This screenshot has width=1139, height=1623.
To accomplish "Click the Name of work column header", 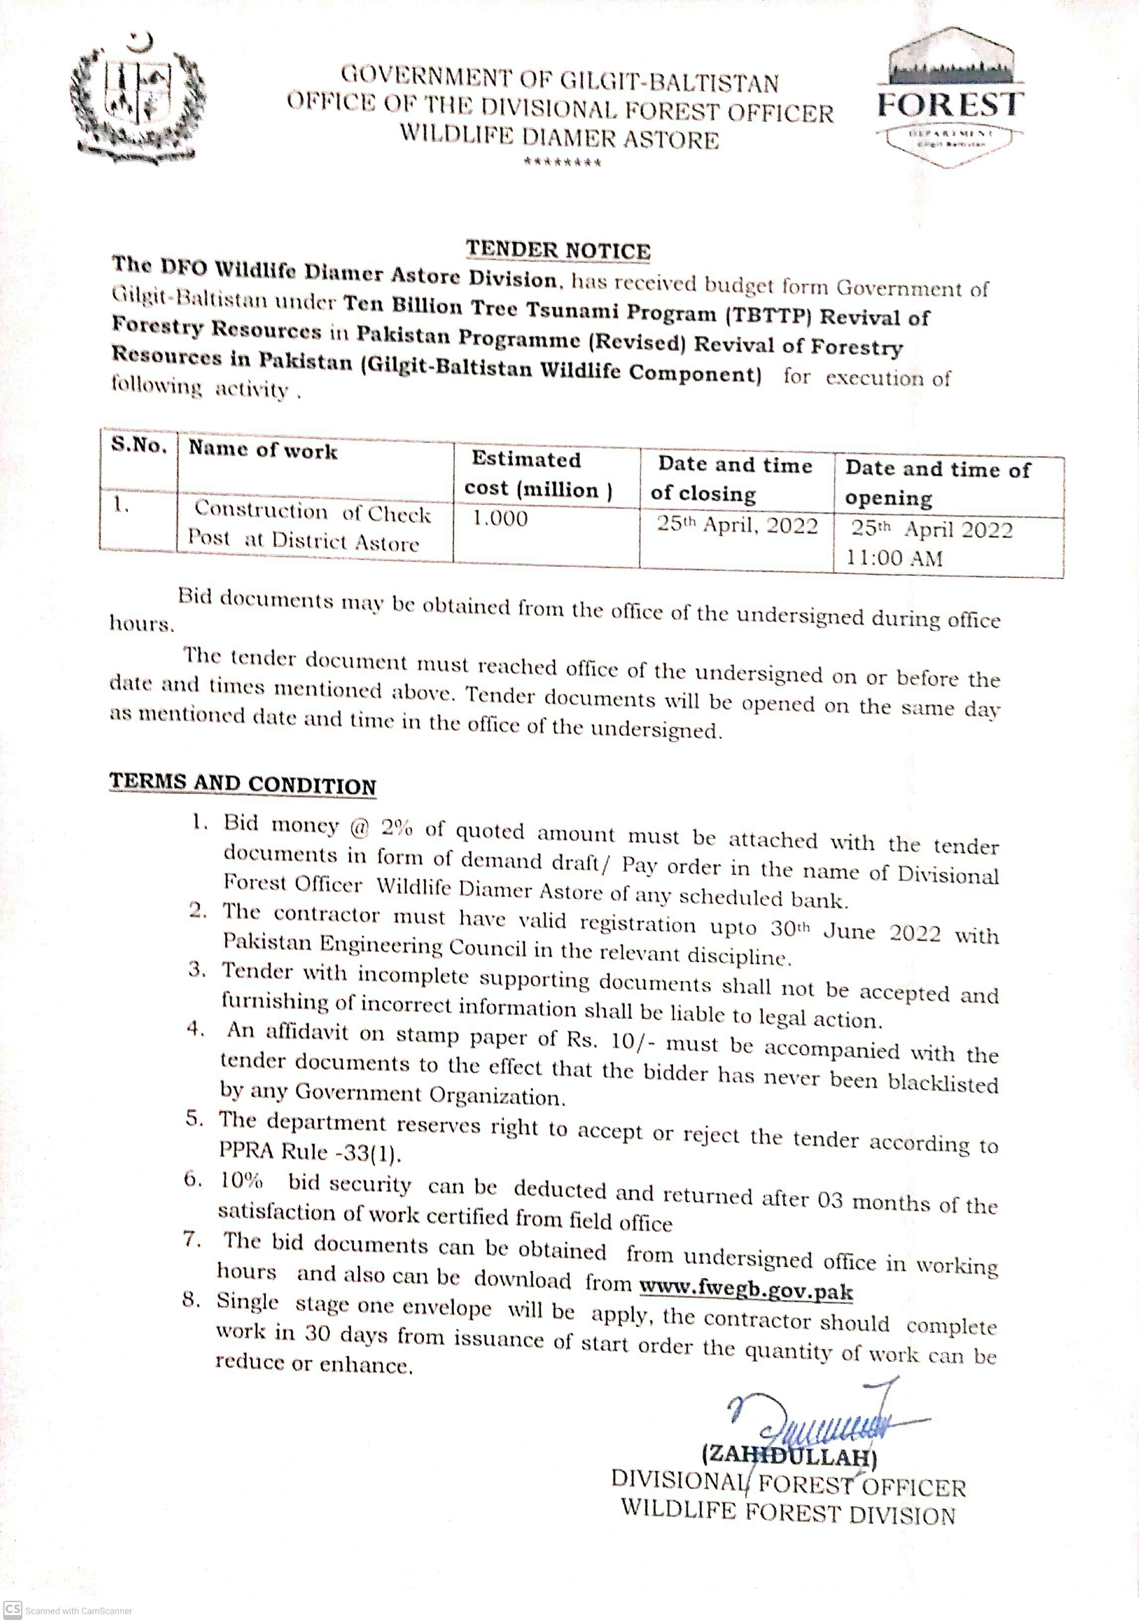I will coord(262,450).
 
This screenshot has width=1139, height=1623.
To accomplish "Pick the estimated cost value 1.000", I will coord(500,518).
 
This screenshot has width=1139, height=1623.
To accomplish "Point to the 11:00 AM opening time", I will coord(895,558).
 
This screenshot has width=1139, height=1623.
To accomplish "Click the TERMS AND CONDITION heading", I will coord(243,784).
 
